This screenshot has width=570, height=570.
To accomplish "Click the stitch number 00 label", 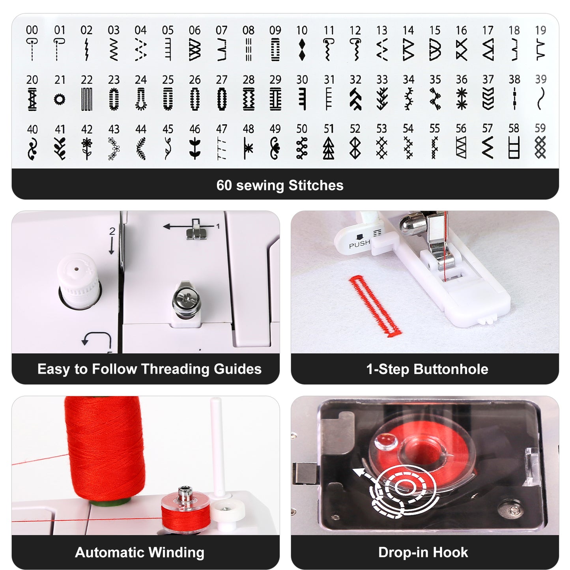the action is click(x=32, y=30).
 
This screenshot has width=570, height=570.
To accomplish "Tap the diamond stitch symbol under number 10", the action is click(x=302, y=49).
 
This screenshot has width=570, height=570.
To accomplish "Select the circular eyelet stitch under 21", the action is click(x=60, y=99).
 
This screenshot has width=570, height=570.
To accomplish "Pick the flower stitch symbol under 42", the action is click(x=87, y=148).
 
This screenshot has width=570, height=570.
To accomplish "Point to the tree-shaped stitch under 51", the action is click(x=329, y=148).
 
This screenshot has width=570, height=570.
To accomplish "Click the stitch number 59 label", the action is click(x=540, y=128).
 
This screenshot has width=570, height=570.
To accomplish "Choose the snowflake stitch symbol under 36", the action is click(x=462, y=99).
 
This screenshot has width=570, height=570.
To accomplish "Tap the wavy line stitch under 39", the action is click(x=540, y=99).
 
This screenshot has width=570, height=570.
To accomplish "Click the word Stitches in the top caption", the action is click(x=316, y=185).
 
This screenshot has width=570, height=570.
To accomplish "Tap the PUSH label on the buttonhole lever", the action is click(x=359, y=244).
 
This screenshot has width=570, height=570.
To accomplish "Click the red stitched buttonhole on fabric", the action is click(x=376, y=306).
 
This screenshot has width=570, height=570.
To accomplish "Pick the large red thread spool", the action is click(x=105, y=448).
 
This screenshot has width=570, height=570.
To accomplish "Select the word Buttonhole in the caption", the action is click(x=451, y=369).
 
